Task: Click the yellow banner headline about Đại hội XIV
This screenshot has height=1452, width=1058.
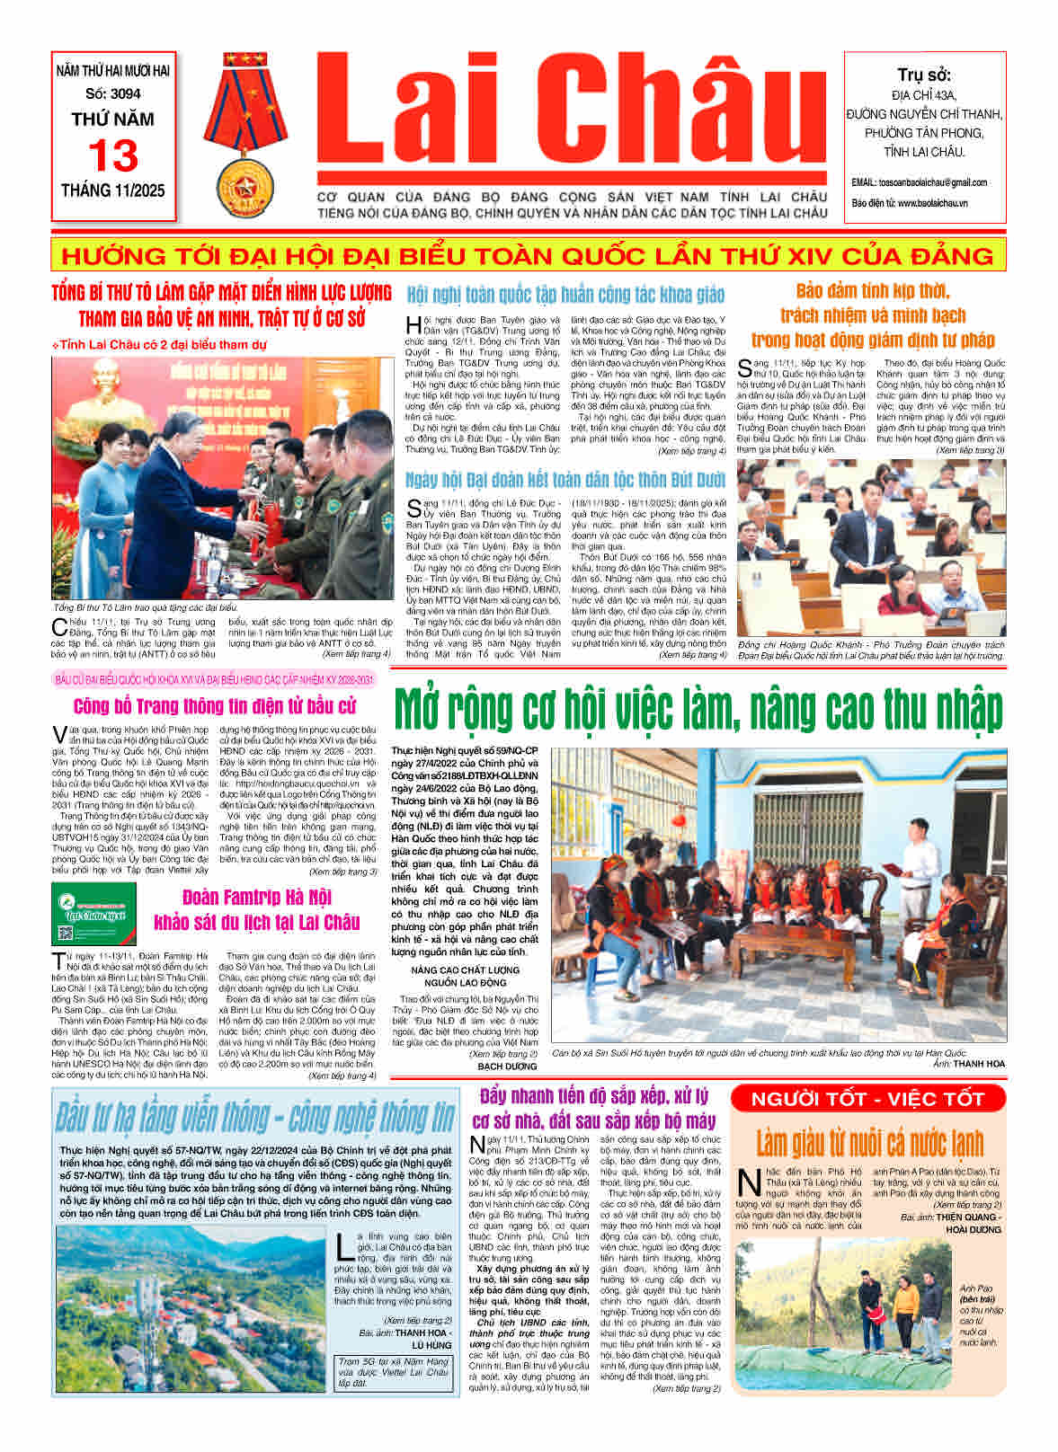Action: coord(529,255)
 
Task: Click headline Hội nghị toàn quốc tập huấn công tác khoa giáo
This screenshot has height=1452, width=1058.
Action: coord(565,295)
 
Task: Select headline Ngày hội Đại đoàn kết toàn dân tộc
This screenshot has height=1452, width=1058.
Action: coord(565,480)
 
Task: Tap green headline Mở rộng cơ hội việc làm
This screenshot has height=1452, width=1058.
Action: coord(698,710)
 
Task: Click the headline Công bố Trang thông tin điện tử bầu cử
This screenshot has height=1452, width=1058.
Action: coord(215,706)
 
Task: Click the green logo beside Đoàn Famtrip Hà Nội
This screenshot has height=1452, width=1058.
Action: coord(94,912)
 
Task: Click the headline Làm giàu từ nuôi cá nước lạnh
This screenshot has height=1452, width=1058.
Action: coord(869,1142)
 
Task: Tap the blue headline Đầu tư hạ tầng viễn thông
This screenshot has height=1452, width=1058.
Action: coord(255,1117)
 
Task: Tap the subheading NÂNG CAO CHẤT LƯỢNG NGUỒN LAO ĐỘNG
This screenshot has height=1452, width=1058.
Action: coord(465,976)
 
